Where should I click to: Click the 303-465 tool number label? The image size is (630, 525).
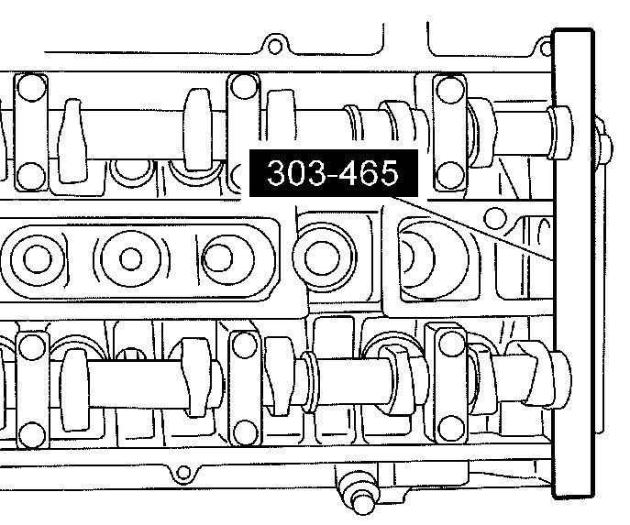(334, 173)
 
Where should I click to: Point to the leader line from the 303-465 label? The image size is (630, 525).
(472, 228)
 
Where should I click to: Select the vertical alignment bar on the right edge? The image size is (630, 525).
(573, 264)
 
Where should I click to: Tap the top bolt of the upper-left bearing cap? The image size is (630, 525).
(32, 88)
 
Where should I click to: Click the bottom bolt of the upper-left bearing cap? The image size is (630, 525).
(31, 176)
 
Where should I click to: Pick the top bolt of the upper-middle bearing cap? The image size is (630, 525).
(244, 86)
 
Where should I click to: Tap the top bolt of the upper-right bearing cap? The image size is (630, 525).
(449, 90)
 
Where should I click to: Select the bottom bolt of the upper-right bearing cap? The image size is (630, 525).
(449, 175)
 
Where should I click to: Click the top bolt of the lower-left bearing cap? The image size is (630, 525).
(32, 347)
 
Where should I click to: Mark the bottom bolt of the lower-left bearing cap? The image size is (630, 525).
(32, 434)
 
